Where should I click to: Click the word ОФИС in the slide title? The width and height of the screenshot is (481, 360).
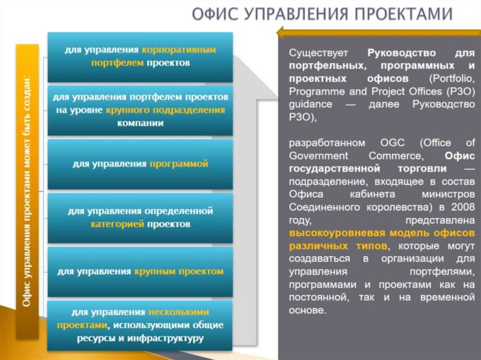(x=214, y=15)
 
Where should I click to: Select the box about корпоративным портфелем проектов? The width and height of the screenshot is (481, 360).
(x=140, y=56)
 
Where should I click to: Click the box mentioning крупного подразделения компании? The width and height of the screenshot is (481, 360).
(x=140, y=110)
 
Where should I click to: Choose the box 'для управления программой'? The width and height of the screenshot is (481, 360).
(x=140, y=164)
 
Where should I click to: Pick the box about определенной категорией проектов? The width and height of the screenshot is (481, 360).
(x=140, y=217)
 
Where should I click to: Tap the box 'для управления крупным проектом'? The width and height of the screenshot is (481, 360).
(x=140, y=271)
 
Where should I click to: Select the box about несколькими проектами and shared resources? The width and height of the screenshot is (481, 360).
(x=140, y=325)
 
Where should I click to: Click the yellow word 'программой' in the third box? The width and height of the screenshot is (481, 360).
(x=178, y=164)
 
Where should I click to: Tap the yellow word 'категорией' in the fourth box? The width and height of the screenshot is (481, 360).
(x=116, y=224)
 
